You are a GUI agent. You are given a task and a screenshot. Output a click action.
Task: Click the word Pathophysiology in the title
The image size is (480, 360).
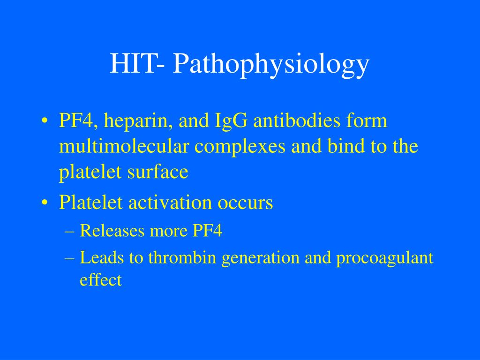pos(271,64)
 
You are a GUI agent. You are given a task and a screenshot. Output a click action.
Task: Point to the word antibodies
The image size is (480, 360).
pos(297,121)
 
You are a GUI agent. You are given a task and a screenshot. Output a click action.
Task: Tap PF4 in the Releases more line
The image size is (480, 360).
pos(207,231)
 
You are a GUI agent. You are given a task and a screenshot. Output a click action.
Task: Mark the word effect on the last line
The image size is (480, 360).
pos(101,280)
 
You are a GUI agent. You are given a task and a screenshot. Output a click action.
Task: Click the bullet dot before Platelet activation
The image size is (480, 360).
pos(45,203)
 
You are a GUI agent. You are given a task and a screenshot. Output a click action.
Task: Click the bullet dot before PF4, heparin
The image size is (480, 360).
pos(45,122)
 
